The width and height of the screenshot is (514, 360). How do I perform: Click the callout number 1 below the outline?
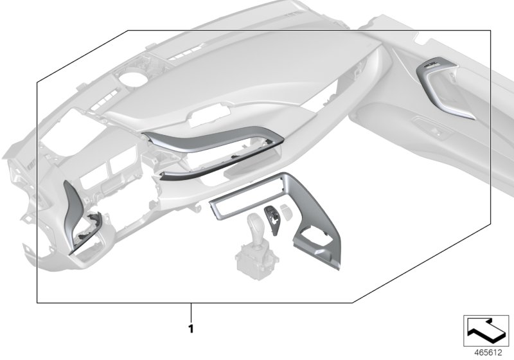coord(191,328)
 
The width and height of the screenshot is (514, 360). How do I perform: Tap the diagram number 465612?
coord(488,353)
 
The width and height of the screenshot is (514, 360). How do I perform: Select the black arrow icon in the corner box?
coord(486,330)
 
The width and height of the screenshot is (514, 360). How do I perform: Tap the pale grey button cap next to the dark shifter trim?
coord(287,212)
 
